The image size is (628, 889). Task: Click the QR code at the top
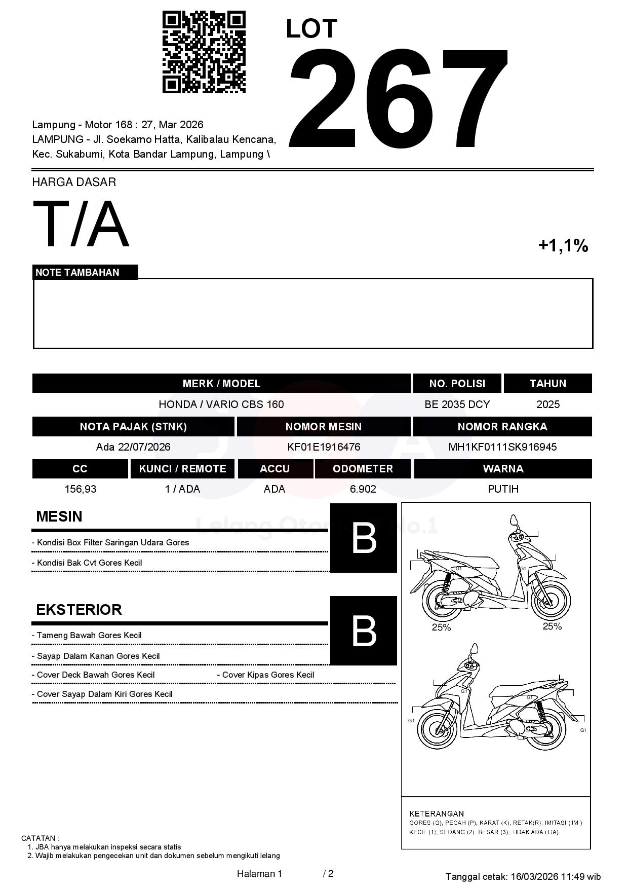click(x=204, y=52)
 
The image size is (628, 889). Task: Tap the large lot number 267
click(x=398, y=99)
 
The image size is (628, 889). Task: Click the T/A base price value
click(x=81, y=224)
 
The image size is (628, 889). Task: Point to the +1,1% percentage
click(x=563, y=246)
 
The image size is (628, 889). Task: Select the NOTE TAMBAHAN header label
click(x=77, y=272)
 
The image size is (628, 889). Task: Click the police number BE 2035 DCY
click(x=457, y=404)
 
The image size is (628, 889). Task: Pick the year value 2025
click(x=548, y=404)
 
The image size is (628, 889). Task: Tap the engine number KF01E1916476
click(x=324, y=447)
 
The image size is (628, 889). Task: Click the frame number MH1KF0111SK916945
click(x=502, y=447)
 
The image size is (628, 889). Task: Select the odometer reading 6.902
click(x=363, y=489)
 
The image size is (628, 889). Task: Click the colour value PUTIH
click(x=503, y=489)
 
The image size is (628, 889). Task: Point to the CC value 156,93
click(x=81, y=489)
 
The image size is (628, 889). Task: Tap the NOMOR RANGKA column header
click(x=502, y=427)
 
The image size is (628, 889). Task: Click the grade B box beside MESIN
click(x=364, y=538)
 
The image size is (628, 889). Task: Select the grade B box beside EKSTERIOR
click(x=364, y=631)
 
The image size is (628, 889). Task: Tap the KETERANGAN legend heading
click(x=436, y=813)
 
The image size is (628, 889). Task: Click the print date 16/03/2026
click(x=534, y=877)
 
